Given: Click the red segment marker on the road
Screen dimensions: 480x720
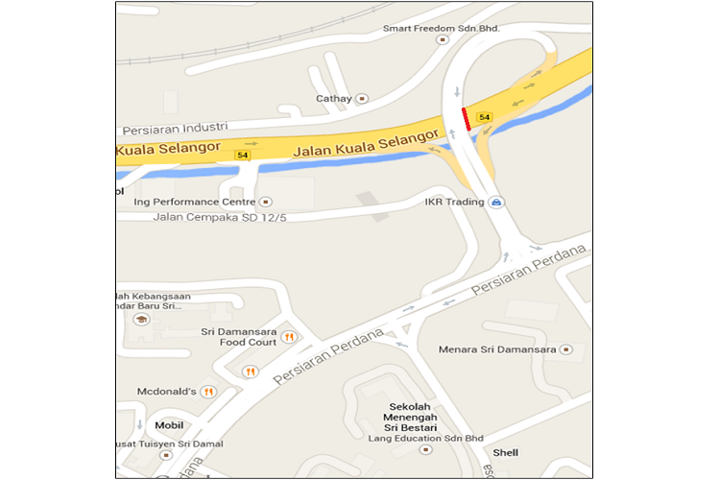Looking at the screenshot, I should [x=466, y=118].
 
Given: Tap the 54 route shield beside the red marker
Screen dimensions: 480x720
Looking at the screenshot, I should [x=484, y=117].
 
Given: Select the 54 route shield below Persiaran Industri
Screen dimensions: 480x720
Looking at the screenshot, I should [x=242, y=155].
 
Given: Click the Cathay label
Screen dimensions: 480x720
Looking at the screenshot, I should [x=335, y=98].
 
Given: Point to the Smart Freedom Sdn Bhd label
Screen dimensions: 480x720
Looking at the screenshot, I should [x=442, y=29].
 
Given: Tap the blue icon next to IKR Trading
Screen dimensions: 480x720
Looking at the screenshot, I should [x=496, y=203].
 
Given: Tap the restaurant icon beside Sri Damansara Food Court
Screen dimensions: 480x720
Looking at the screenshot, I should [x=286, y=337].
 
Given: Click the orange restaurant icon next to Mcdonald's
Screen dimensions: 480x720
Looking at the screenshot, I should [x=208, y=391].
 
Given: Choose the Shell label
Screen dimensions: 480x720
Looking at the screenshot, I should [x=505, y=452].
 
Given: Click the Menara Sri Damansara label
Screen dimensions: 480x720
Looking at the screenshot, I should [x=497, y=349].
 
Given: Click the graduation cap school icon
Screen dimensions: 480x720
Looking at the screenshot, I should [x=141, y=320].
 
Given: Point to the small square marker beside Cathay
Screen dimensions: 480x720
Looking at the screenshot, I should [x=362, y=98].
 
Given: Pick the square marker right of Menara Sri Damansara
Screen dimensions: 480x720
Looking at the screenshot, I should [x=565, y=349].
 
